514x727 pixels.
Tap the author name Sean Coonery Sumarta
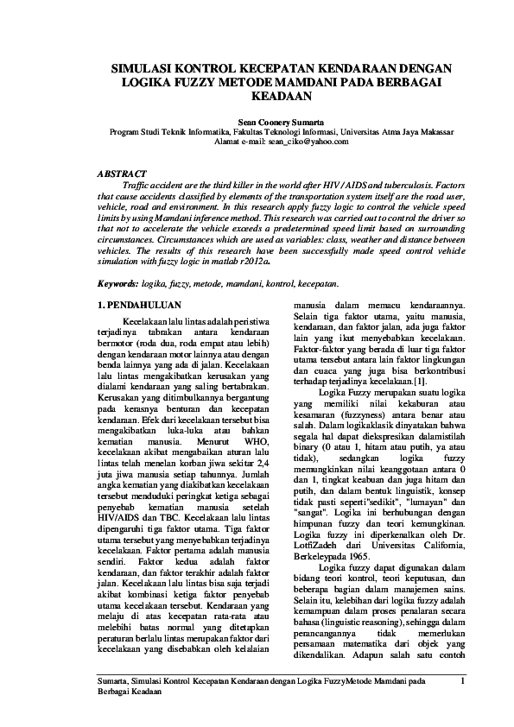257,123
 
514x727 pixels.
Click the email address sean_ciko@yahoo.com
289,140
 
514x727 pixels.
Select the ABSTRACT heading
123,174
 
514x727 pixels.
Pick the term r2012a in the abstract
251,258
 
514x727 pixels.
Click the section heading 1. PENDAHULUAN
138,306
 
